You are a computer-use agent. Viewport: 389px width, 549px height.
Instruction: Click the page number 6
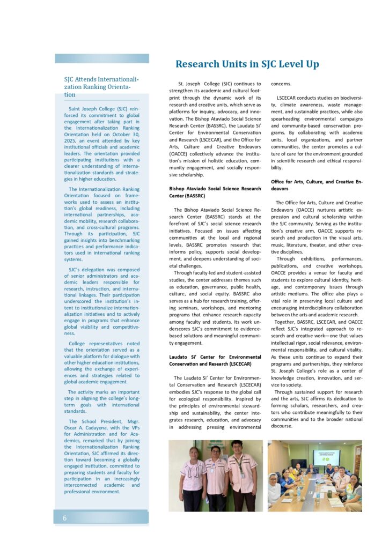point(65,517)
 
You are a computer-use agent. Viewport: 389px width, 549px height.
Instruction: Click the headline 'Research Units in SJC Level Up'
point(247,64)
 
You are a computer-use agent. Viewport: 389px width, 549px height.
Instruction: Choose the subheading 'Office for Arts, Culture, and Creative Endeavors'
point(317,186)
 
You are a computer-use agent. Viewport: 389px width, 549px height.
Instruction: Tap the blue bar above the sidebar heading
point(102,58)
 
